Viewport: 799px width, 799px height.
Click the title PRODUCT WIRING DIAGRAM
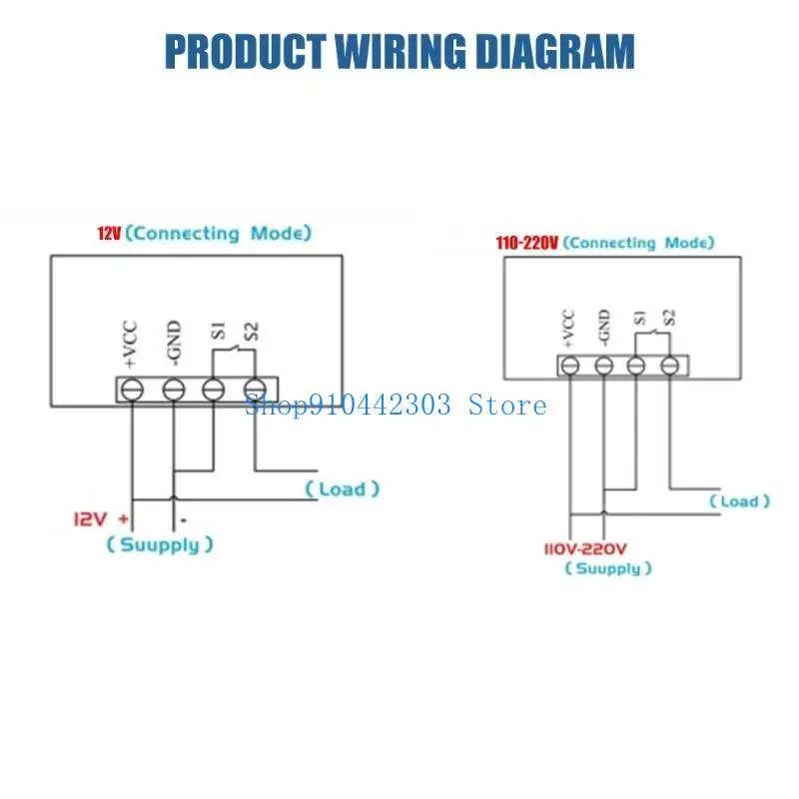tap(399, 51)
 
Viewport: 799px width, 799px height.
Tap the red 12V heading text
tap(108, 234)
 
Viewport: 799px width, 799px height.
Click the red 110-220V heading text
tap(527, 243)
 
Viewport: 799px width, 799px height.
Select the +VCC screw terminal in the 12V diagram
tap(133, 389)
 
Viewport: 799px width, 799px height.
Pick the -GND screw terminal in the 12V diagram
tap(173, 389)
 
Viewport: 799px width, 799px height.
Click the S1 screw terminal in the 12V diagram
tap(213, 389)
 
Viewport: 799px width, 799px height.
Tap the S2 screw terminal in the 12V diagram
tap(255, 389)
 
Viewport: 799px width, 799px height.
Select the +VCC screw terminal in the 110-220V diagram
tap(570, 367)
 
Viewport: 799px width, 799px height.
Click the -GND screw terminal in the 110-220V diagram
tap(603, 367)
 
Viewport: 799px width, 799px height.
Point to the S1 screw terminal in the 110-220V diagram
tap(636, 367)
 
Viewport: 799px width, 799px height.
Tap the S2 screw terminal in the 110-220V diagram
tap(669, 367)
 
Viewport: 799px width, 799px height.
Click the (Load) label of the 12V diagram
tap(343, 489)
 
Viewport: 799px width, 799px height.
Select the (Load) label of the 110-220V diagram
tap(740, 501)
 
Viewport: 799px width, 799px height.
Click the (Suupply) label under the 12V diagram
tap(160, 545)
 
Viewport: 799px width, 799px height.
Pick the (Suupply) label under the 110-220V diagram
tap(608, 568)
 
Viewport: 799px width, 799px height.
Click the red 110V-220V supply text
tap(585, 548)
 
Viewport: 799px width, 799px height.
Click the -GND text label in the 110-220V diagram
tap(603, 327)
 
